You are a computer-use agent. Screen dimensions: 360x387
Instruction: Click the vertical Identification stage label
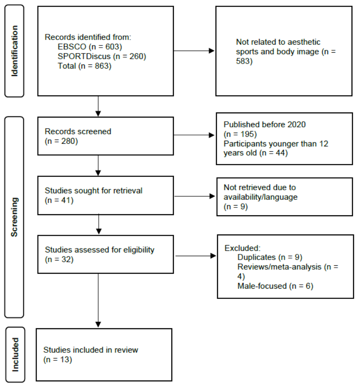click(x=14, y=51)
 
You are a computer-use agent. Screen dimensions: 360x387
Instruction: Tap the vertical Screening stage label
click(x=14, y=217)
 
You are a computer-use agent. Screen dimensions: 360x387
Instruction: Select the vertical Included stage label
click(x=15, y=355)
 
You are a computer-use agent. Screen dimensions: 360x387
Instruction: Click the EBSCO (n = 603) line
click(x=90, y=47)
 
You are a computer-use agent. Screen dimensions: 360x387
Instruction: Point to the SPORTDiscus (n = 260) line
click(x=102, y=56)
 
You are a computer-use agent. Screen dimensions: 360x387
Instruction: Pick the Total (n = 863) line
click(x=85, y=66)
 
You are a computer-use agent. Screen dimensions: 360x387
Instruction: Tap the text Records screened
click(x=78, y=131)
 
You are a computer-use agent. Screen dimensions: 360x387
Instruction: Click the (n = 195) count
click(x=240, y=134)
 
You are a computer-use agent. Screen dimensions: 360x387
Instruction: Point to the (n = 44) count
click(x=274, y=153)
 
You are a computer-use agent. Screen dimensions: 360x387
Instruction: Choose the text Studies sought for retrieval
click(x=93, y=191)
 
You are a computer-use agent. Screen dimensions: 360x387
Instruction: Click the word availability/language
click(x=261, y=197)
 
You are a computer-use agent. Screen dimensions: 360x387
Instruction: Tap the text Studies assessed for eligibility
click(x=99, y=250)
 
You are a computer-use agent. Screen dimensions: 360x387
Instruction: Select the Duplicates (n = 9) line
click(x=270, y=257)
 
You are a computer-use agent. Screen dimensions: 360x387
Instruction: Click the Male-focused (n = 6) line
click(x=275, y=286)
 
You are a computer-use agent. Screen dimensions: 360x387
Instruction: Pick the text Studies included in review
click(x=91, y=350)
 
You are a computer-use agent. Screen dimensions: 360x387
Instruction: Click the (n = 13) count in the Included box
click(x=58, y=359)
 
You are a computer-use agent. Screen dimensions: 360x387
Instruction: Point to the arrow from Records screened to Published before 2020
click(x=194, y=135)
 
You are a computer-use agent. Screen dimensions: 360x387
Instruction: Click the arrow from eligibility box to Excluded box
click(x=195, y=256)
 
